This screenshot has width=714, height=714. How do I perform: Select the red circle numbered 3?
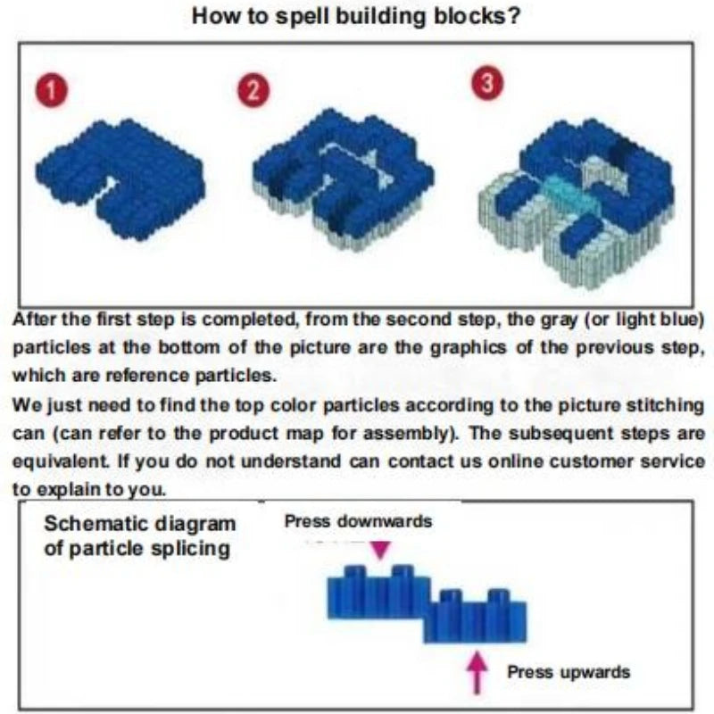pyautogui.click(x=487, y=83)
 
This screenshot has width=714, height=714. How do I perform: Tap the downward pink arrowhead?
pyautogui.click(x=380, y=549)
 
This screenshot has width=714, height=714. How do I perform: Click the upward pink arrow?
pyautogui.click(x=479, y=670)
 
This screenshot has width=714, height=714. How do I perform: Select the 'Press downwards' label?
pyautogui.click(x=358, y=521)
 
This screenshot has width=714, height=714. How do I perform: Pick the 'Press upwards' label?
pyautogui.click(x=569, y=671)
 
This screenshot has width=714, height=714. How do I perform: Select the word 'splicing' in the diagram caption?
pyautogui.click(x=188, y=547)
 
